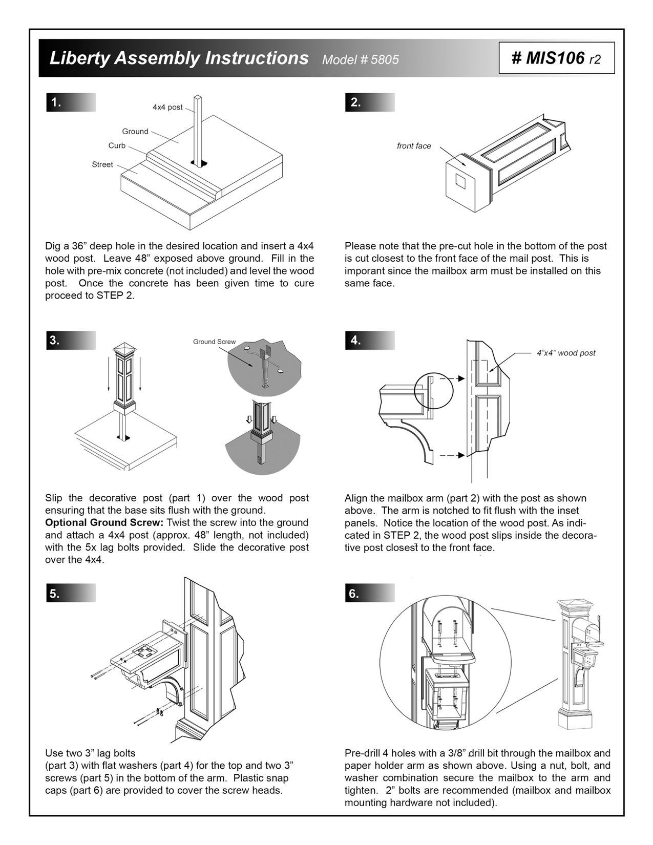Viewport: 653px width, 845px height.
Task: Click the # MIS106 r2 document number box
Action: click(x=556, y=58)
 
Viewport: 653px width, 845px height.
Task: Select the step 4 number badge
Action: click(x=356, y=341)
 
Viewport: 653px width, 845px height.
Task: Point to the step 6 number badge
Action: click(x=354, y=594)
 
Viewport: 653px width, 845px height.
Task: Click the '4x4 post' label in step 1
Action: click(x=167, y=108)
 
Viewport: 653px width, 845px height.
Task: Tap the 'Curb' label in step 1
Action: click(x=117, y=146)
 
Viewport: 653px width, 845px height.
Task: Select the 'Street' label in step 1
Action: click(x=102, y=164)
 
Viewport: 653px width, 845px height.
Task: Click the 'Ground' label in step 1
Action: click(x=135, y=132)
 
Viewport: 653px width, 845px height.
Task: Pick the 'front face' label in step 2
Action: click(x=414, y=146)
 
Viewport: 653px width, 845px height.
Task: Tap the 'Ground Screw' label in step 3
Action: click(x=214, y=342)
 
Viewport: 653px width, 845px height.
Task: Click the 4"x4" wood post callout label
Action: click(x=566, y=353)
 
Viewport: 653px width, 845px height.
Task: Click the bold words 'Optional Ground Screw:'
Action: click(x=104, y=523)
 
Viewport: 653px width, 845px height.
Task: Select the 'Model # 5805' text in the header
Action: click(x=360, y=60)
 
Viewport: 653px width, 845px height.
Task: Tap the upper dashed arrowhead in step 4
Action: click(x=461, y=378)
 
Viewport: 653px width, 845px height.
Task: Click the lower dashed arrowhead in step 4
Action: click(x=461, y=455)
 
